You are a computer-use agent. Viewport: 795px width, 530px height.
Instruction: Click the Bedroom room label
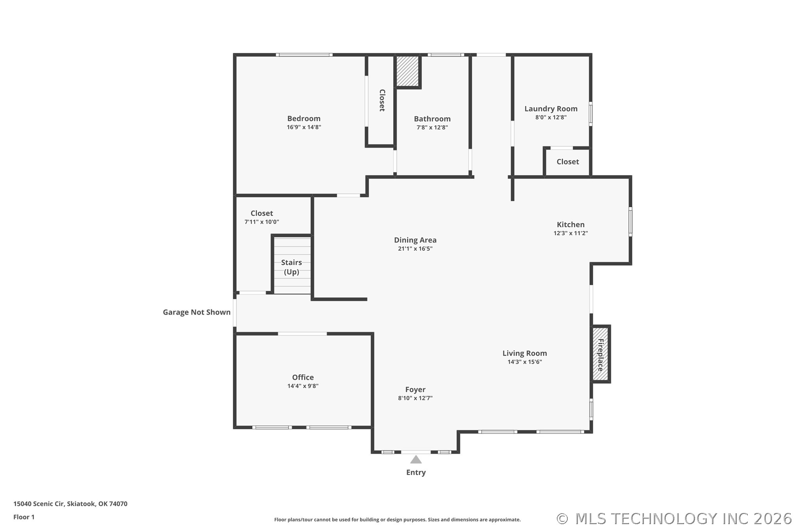pos(303,119)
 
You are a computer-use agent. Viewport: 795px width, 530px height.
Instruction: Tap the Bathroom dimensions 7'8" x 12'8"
pos(432,128)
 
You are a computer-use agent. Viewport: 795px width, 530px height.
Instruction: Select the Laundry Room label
pos(551,109)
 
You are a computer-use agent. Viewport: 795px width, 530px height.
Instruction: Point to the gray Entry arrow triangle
pos(415,460)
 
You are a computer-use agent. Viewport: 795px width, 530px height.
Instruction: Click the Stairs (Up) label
pos(291,267)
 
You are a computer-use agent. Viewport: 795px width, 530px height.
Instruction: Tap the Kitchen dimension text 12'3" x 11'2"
pos(570,233)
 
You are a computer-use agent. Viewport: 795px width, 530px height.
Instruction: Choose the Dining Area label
pos(415,240)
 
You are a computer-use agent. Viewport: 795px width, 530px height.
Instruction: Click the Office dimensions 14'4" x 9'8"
pos(303,386)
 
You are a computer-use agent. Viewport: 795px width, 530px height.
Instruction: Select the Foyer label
pos(415,389)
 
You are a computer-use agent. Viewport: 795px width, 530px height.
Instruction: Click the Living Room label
pos(524,353)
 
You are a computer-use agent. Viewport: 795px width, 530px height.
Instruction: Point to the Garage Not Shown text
pos(196,312)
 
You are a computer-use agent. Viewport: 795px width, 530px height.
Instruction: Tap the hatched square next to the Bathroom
pos(407,71)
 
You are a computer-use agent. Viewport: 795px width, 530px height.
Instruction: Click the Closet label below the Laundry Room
pos(567,162)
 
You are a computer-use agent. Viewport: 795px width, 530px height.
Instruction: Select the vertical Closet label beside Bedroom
pos(382,100)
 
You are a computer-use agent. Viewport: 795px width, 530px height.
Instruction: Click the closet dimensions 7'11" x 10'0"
pos(262,222)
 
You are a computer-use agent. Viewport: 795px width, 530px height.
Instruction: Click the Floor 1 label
pos(24,517)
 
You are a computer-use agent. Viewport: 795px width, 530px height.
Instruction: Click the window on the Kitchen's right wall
pos(630,222)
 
